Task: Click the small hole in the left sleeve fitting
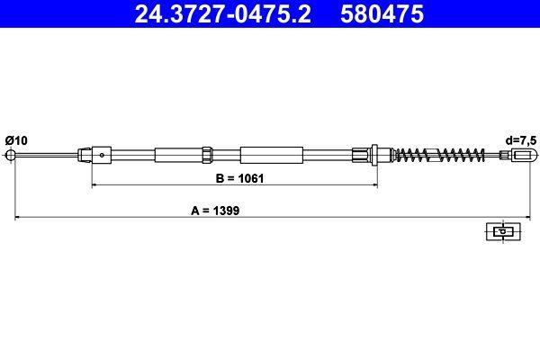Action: pyautogui.click(x=103, y=155)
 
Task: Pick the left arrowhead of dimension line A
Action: pyautogui.click(x=16, y=218)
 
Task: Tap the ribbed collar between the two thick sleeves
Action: pyautogui.click(x=206, y=155)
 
